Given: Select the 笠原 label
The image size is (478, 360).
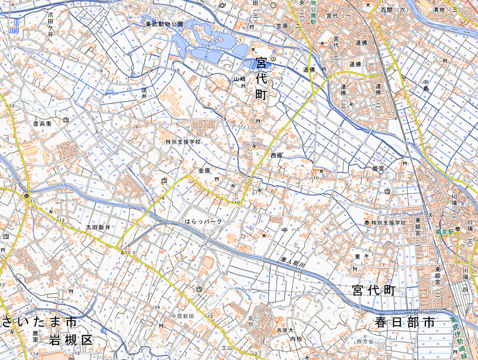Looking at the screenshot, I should [x=282, y=26].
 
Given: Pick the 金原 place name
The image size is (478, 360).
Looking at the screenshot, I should [x=204, y=171].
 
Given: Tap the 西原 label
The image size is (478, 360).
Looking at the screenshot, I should [x=275, y=155].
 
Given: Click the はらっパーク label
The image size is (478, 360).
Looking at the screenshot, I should [x=203, y=221].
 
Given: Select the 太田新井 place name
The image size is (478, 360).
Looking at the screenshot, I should [x=97, y=227].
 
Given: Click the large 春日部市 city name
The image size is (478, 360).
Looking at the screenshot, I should [x=405, y=322].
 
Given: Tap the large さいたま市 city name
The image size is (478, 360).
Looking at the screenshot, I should [x=39, y=322].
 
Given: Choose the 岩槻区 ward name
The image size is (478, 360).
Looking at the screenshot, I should [x=71, y=340].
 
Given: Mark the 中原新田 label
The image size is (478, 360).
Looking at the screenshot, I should [x=183, y=316].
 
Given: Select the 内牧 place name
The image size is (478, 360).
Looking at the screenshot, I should [x=296, y=339].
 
